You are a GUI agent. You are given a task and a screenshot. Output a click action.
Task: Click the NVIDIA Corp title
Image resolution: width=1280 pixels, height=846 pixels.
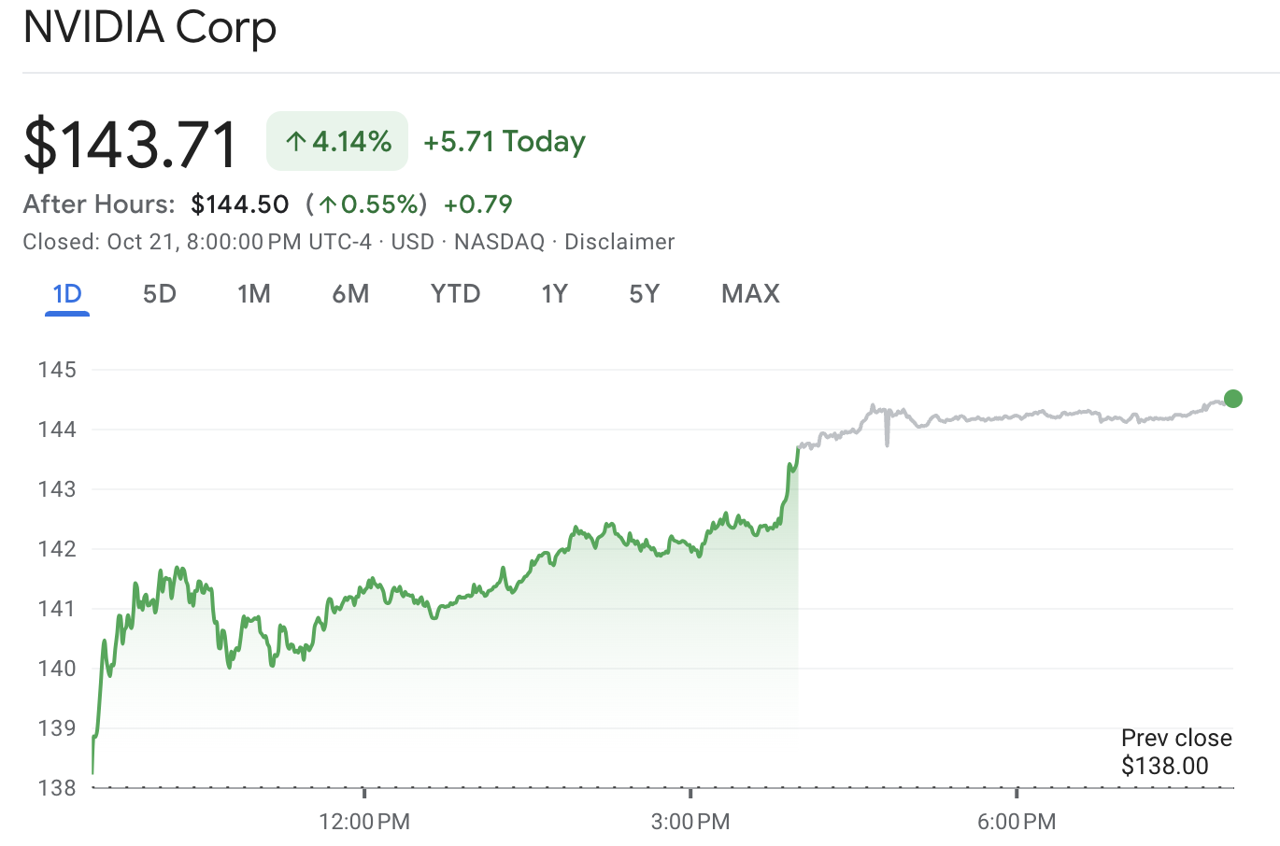(x=149, y=28)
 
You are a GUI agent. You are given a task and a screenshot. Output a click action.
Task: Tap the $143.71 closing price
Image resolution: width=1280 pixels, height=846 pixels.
(x=131, y=144)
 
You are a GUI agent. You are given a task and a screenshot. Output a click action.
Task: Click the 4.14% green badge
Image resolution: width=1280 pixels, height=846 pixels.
(x=337, y=141)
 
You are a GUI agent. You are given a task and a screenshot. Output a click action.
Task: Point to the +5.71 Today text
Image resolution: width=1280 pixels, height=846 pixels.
(x=505, y=142)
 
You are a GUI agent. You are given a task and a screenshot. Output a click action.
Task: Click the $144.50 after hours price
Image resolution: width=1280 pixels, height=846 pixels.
(x=240, y=204)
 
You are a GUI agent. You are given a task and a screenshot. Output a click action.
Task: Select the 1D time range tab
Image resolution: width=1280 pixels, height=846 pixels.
(x=67, y=294)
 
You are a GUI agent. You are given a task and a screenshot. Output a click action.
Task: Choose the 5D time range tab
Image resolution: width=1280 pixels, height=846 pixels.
(x=160, y=294)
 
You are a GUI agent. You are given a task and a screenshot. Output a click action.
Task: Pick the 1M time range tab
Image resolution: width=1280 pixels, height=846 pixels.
(x=254, y=294)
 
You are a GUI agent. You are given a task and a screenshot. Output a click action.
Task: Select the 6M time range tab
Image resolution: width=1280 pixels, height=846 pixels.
(x=350, y=294)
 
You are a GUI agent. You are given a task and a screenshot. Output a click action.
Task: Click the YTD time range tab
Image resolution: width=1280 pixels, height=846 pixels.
(x=455, y=294)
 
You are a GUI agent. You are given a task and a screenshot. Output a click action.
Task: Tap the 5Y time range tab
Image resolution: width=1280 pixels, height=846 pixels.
(x=644, y=294)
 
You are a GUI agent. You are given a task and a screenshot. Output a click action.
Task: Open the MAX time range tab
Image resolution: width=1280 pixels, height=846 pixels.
(x=750, y=294)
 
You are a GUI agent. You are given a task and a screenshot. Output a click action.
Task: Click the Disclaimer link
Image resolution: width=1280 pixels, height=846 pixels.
(x=619, y=243)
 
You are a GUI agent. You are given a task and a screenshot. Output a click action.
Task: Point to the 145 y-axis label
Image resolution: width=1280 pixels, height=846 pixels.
(x=57, y=370)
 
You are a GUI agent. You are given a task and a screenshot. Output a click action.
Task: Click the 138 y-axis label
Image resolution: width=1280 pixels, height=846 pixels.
(x=57, y=788)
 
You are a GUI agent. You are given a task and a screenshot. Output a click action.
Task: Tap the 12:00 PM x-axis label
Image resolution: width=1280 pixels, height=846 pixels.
(x=364, y=823)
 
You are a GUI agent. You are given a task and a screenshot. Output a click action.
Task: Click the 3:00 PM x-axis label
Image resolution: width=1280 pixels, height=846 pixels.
(x=690, y=823)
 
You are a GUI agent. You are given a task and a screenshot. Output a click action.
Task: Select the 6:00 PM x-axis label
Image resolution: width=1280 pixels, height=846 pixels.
(x=1017, y=823)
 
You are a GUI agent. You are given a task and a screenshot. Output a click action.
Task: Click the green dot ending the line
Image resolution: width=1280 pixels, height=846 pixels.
(x=1233, y=399)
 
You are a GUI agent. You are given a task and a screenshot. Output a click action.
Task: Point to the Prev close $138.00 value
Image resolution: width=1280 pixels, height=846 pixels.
(x=1165, y=767)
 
